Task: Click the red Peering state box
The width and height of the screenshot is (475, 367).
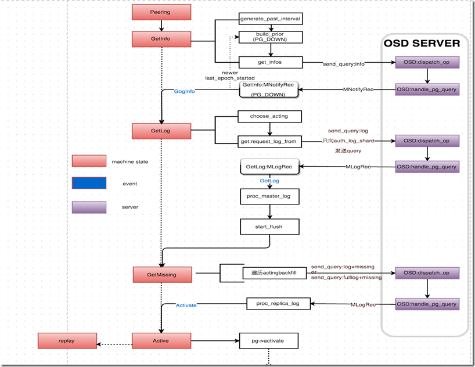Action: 160,12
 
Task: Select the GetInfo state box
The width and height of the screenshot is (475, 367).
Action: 160,39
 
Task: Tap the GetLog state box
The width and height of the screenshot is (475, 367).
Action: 160,131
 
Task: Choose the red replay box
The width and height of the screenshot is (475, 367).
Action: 66,341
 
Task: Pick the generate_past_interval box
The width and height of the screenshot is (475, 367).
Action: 271,19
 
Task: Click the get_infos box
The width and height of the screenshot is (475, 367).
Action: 271,62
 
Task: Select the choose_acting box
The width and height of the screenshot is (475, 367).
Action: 271,117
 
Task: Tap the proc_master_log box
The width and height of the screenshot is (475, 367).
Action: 269,197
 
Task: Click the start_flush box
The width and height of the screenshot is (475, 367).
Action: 269,226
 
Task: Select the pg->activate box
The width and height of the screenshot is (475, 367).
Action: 269,340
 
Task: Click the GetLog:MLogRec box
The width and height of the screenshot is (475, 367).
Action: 269,167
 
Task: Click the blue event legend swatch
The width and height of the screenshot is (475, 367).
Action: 89,183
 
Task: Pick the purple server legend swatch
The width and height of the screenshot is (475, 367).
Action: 89,207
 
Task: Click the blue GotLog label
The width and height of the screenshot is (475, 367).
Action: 269,181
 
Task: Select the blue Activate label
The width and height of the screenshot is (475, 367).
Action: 186,305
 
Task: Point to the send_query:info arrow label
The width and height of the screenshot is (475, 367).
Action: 344,64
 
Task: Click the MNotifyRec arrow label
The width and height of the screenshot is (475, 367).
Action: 359,89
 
